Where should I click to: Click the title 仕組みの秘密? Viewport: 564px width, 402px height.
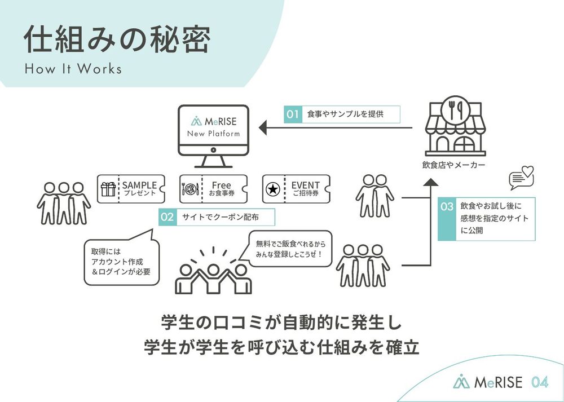[x=117, y=39]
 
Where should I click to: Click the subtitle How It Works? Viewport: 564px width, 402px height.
[x=73, y=69]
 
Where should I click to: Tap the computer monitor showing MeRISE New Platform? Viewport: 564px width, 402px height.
[x=213, y=136]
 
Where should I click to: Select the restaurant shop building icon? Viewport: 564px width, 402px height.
[x=455, y=126]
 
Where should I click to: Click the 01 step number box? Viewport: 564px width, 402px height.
[x=293, y=114]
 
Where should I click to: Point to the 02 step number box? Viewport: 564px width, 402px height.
[x=168, y=217]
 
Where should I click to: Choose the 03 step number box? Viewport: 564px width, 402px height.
[x=447, y=219]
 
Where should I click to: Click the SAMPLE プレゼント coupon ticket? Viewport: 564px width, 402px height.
[x=131, y=189]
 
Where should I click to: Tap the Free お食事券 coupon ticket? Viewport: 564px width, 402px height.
[x=214, y=189]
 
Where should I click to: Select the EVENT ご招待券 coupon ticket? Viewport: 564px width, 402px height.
[x=297, y=189]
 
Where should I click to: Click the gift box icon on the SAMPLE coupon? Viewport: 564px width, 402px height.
[x=108, y=189]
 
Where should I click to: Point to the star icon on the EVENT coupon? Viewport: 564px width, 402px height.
[x=273, y=189]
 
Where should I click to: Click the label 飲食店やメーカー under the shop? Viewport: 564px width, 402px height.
[x=453, y=165]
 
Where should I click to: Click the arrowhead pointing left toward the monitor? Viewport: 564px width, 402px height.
[x=263, y=127]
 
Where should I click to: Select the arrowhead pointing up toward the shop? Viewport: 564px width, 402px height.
[x=430, y=182]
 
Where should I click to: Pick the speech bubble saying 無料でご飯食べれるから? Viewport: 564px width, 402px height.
[x=290, y=249]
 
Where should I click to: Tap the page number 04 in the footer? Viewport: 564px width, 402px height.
[x=540, y=382]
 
